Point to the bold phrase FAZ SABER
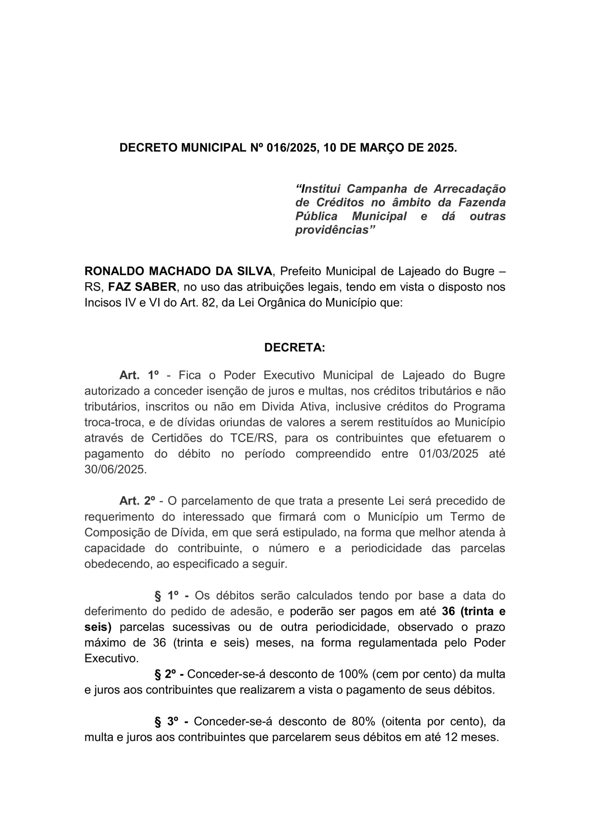point(142,287)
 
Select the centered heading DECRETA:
point(295,348)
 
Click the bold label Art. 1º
point(139,375)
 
